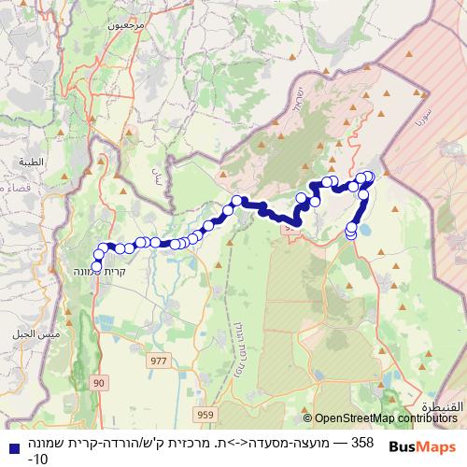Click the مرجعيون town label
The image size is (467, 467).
127,26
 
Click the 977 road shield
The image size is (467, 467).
157,358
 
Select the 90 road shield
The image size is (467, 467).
100,382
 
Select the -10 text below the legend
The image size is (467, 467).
37,459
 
